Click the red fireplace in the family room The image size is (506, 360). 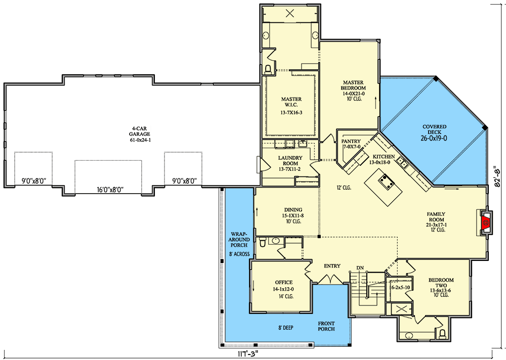[x=485, y=222]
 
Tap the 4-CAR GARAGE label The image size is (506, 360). [x=140, y=131]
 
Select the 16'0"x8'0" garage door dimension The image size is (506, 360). [x=110, y=190]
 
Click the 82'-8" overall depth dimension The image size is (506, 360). [x=499, y=176]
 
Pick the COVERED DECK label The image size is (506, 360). [x=434, y=129]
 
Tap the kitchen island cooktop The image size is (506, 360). [x=387, y=182]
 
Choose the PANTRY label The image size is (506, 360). [x=351, y=141]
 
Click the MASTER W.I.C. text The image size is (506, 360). [x=291, y=102]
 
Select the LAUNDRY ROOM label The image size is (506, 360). [x=290, y=161]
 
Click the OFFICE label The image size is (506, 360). [x=284, y=282]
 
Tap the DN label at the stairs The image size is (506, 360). [x=360, y=268]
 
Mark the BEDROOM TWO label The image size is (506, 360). [x=441, y=283]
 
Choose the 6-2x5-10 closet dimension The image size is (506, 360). [x=400, y=287]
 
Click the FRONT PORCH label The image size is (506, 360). [x=326, y=326]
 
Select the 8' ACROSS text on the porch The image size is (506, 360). [x=239, y=254]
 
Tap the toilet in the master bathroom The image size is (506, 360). [x=268, y=69]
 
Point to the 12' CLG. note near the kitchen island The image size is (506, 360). [x=344, y=188]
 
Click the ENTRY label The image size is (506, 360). [x=332, y=266]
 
